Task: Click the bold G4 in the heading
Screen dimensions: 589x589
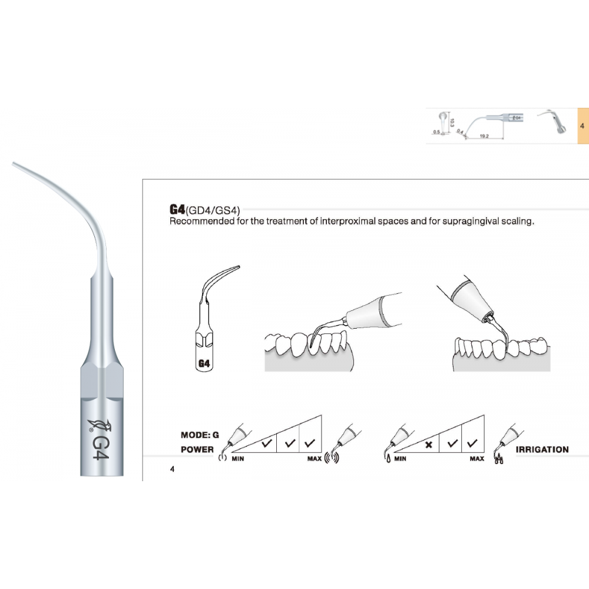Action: click(x=177, y=209)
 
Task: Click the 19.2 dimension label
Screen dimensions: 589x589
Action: click(x=484, y=136)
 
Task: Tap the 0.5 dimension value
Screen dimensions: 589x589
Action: click(x=436, y=132)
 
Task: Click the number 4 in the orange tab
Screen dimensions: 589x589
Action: click(x=581, y=126)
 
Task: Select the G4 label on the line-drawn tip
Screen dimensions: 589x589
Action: click(x=204, y=363)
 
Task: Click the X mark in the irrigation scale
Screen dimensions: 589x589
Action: click(x=429, y=445)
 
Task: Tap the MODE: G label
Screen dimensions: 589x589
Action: click(x=200, y=435)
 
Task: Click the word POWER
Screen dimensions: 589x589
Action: click(x=197, y=449)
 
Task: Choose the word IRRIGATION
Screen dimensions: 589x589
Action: click(x=542, y=449)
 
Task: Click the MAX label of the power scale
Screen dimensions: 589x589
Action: click(x=314, y=458)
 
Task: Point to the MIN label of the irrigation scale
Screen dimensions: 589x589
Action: click(x=400, y=458)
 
